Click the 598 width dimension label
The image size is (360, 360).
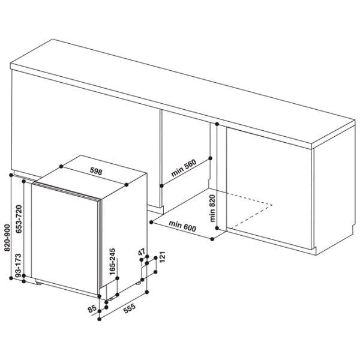click(96, 171)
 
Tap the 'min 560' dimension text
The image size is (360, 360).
click(184, 168)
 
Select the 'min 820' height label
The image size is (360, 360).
click(212, 208)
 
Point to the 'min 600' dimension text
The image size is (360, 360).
click(182, 226)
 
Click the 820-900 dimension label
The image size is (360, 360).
click(7, 238)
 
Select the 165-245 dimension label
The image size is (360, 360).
click(112, 262)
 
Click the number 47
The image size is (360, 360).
click(142, 252)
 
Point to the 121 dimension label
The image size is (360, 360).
click(162, 257)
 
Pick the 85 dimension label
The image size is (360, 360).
click(92, 308)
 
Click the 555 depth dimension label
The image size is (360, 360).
click(130, 308)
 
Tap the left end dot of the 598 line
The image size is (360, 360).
click(61, 166)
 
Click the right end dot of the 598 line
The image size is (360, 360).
click(126, 185)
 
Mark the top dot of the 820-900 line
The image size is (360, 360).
click(11, 175)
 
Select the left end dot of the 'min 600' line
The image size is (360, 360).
click(151, 222)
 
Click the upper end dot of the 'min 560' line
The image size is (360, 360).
click(211, 158)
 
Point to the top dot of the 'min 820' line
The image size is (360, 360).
click(217, 124)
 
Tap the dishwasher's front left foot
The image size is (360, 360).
click(38, 283)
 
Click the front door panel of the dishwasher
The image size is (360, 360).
click(65, 239)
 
